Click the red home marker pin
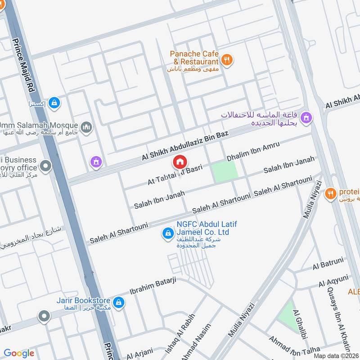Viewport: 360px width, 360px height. pyautogui.click(x=180, y=162)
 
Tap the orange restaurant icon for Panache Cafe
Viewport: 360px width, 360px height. pyautogui.click(x=228, y=60)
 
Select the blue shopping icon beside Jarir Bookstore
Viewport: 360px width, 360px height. pyautogui.click(x=119, y=301)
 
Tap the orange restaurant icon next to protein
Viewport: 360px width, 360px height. pyautogui.click(x=331, y=193)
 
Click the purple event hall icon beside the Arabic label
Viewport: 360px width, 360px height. pyautogui.click(x=307, y=118)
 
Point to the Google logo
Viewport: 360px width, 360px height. pyautogui.click(x=19, y=353)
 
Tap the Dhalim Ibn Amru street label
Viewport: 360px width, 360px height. pyautogui.click(x=253, y=152)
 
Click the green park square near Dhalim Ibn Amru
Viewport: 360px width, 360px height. pyautogui.click(x=225, y=171)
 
